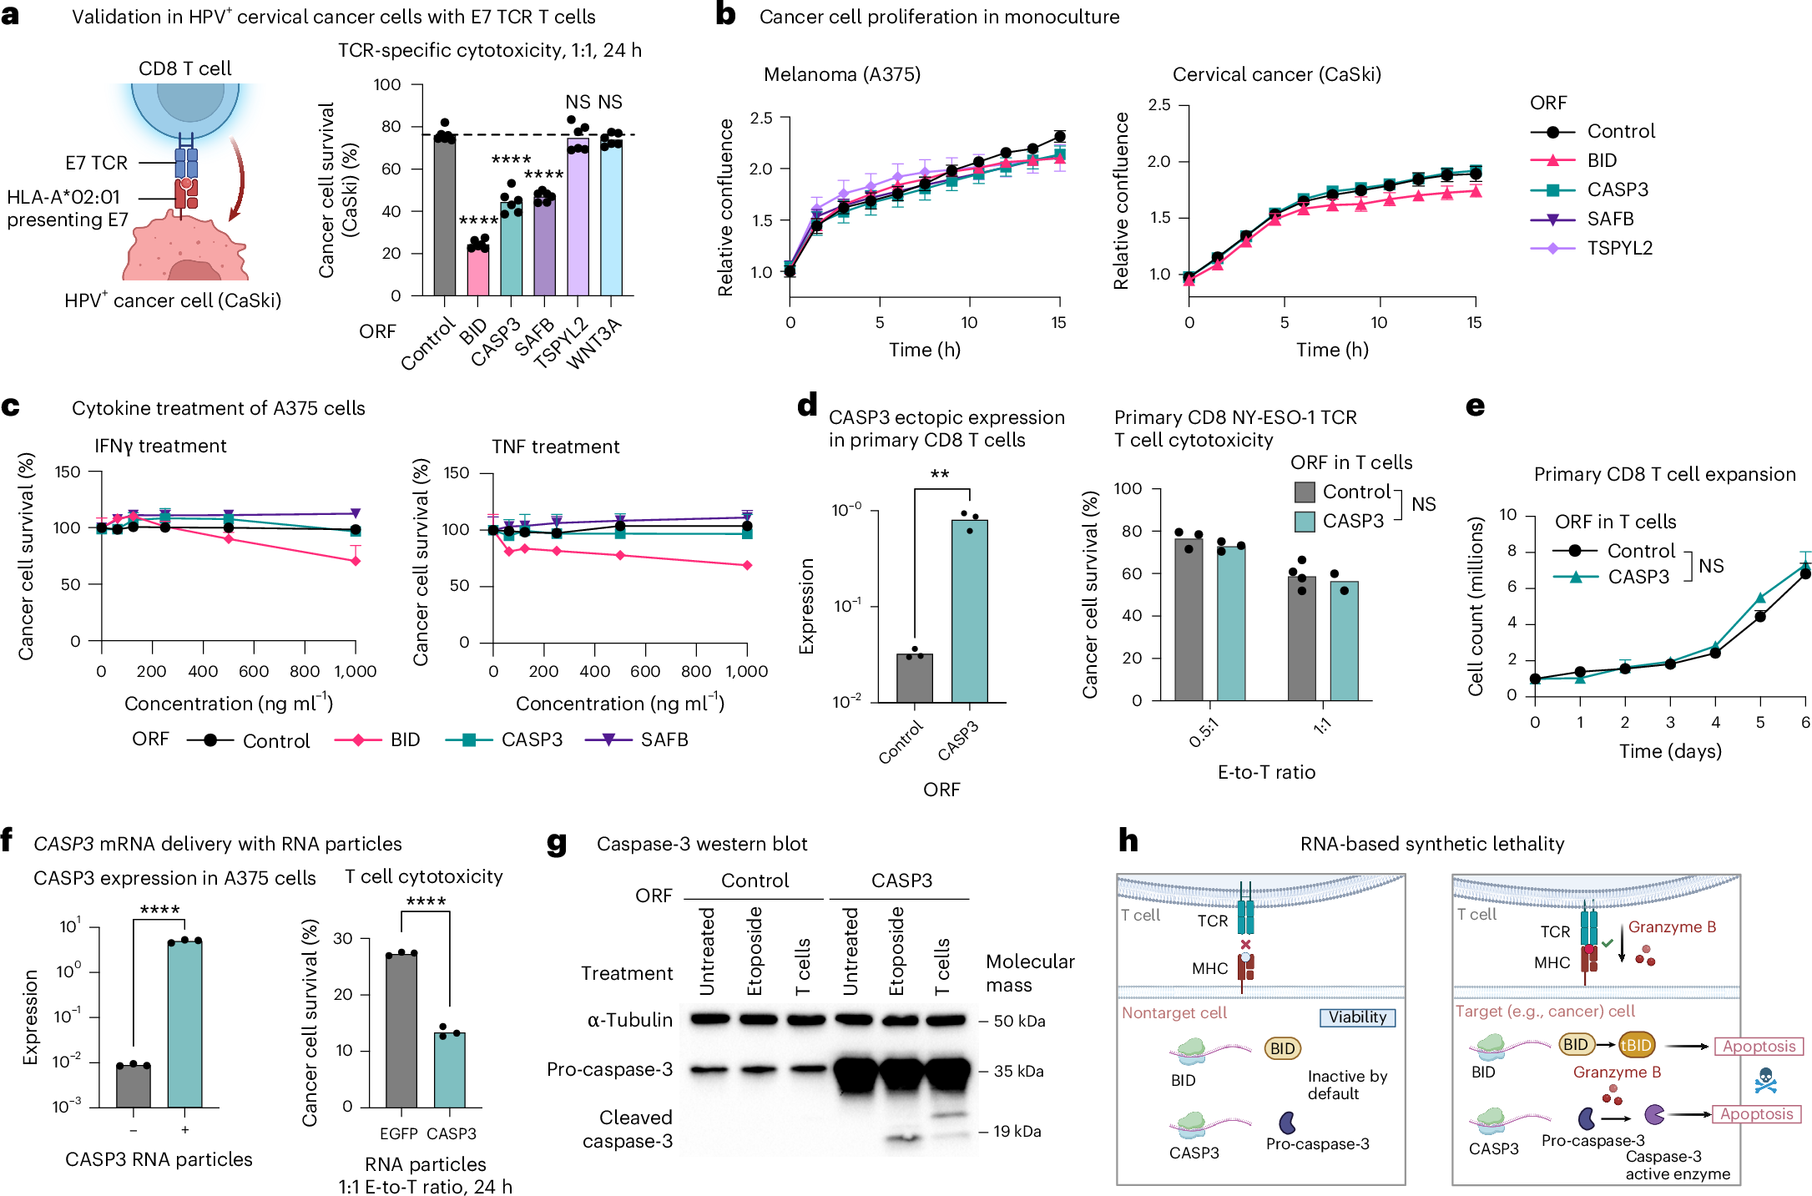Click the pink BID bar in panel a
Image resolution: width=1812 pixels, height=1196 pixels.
[477, 270]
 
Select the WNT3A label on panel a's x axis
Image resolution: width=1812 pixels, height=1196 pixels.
[594, 344]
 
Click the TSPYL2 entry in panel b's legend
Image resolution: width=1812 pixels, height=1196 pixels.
[1619, 248]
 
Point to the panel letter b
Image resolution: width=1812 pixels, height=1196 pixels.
[725, 15]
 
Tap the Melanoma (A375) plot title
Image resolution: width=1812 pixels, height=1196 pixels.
[841, 74]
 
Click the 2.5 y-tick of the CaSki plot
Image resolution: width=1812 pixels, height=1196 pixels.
[1158, 105]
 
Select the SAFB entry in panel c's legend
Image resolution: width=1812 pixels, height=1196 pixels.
[664, 739]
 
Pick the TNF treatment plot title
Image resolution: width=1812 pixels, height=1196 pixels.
[555, 447]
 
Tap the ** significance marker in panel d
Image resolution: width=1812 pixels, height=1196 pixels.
[940, 474]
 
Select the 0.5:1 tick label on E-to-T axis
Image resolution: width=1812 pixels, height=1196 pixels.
[1204, 733]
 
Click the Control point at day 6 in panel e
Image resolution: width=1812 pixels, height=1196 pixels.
[1804, 573]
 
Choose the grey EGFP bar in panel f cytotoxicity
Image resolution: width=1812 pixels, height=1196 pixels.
[401, 1030]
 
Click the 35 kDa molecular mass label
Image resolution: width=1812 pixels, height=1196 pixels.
[1017, 1071]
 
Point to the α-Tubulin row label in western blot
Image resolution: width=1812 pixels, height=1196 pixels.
[629, 1020]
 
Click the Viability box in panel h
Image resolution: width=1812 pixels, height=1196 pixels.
[1357, 1017]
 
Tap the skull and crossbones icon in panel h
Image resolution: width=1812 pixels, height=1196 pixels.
[1765, 1081]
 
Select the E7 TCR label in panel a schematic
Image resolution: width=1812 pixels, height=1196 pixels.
[96, 163]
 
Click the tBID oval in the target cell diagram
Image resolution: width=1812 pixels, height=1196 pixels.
[1635, 1044]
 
